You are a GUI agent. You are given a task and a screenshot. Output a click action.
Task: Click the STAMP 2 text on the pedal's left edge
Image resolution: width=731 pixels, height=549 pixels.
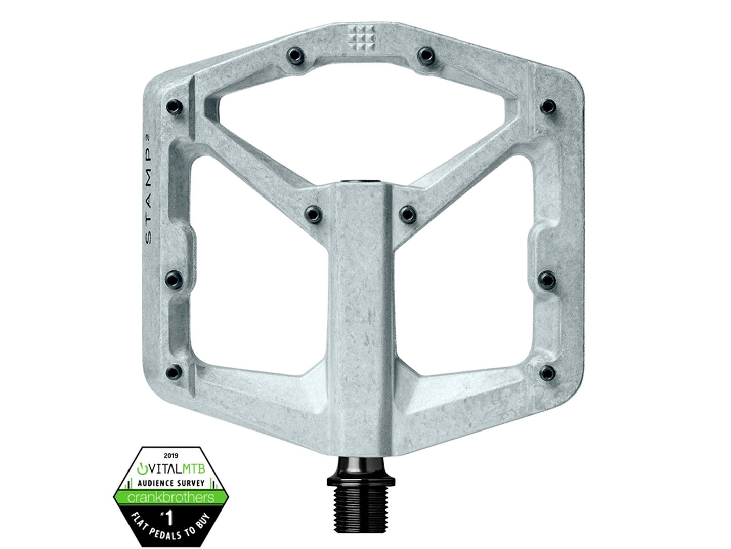coord(149,189)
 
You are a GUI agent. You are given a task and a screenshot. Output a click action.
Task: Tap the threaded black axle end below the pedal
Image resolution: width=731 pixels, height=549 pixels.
coord(361,514)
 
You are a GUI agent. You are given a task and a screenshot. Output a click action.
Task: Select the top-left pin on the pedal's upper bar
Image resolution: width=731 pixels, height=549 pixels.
coord(295,55)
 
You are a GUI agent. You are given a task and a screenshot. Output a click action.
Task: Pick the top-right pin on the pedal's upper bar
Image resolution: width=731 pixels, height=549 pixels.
coord(426,55)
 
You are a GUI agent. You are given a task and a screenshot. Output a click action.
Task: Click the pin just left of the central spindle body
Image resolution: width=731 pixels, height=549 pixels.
coord(313,214)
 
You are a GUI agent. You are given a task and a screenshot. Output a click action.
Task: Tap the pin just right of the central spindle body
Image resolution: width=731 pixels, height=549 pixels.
coord(408,214)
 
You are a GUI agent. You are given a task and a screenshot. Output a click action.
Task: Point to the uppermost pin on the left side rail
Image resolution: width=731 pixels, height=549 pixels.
coord(174,107)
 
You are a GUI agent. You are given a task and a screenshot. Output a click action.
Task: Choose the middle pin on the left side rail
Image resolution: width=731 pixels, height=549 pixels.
coord(174,280)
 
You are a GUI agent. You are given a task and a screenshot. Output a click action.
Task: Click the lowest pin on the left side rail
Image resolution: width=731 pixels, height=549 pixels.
coord(174,372)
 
